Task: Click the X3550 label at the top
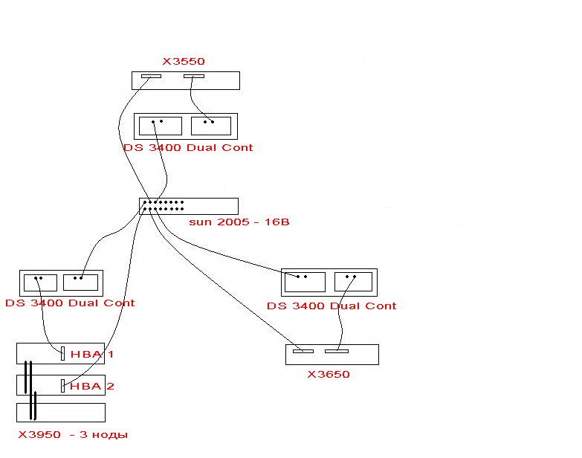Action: coord(184,62)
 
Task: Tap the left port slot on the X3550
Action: coord(152,76)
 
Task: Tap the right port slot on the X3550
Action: coord(194,76)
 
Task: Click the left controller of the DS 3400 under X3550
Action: coord(161,126)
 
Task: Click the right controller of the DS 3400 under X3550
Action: coord(212,126)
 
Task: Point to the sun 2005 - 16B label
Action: coord(239,222)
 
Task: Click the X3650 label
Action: coord(329,374)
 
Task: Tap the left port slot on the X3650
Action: coord(303,351)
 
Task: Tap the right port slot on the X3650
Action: coord(336,351)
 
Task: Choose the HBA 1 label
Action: coord(92,354)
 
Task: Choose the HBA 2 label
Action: coord(92,386)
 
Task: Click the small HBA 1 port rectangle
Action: coord(62,354)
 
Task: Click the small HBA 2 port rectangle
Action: coord(62,385)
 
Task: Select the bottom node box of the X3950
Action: coord(71,412)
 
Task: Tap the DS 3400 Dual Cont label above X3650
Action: coord(332,306)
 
